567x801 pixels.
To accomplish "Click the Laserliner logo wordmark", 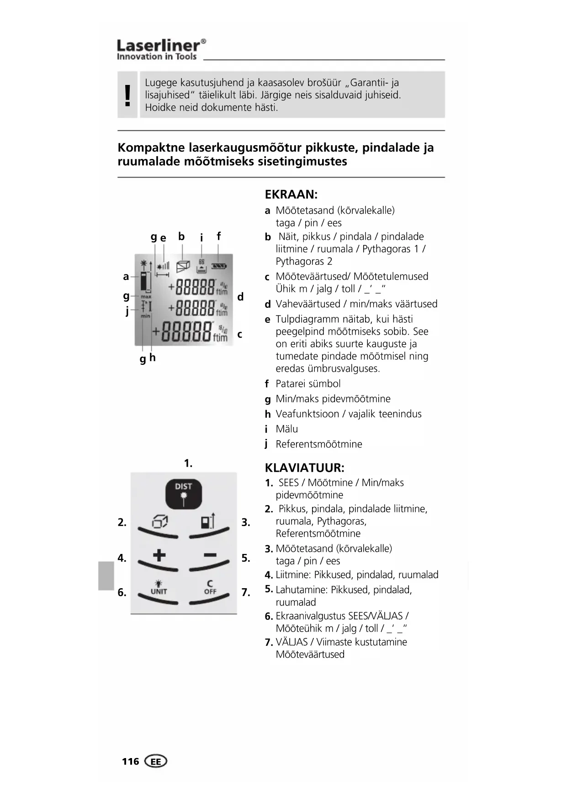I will tap(161, 46).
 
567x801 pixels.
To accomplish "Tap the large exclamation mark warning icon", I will tap(127, 95).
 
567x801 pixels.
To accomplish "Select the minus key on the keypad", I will tap(210, 555).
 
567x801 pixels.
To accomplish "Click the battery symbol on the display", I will tap(219, 265).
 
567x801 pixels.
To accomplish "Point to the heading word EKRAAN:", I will tap(291, 195).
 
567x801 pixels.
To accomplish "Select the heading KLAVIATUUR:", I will tap(304, 468).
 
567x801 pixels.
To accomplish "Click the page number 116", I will tap(130, 761).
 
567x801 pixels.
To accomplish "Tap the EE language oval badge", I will tap(156, 761).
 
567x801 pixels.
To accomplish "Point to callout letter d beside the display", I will tap(240, 297).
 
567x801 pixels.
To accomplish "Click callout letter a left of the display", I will tap(126, 276).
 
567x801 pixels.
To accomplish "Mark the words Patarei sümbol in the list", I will tap(308, 384).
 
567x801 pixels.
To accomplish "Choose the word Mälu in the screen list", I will tap(286, 429).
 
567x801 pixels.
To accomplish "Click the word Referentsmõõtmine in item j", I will tap(318, 444).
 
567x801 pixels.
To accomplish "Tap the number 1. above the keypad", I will tap(188, 463).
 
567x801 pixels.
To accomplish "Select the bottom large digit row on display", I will tap(188, 332).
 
